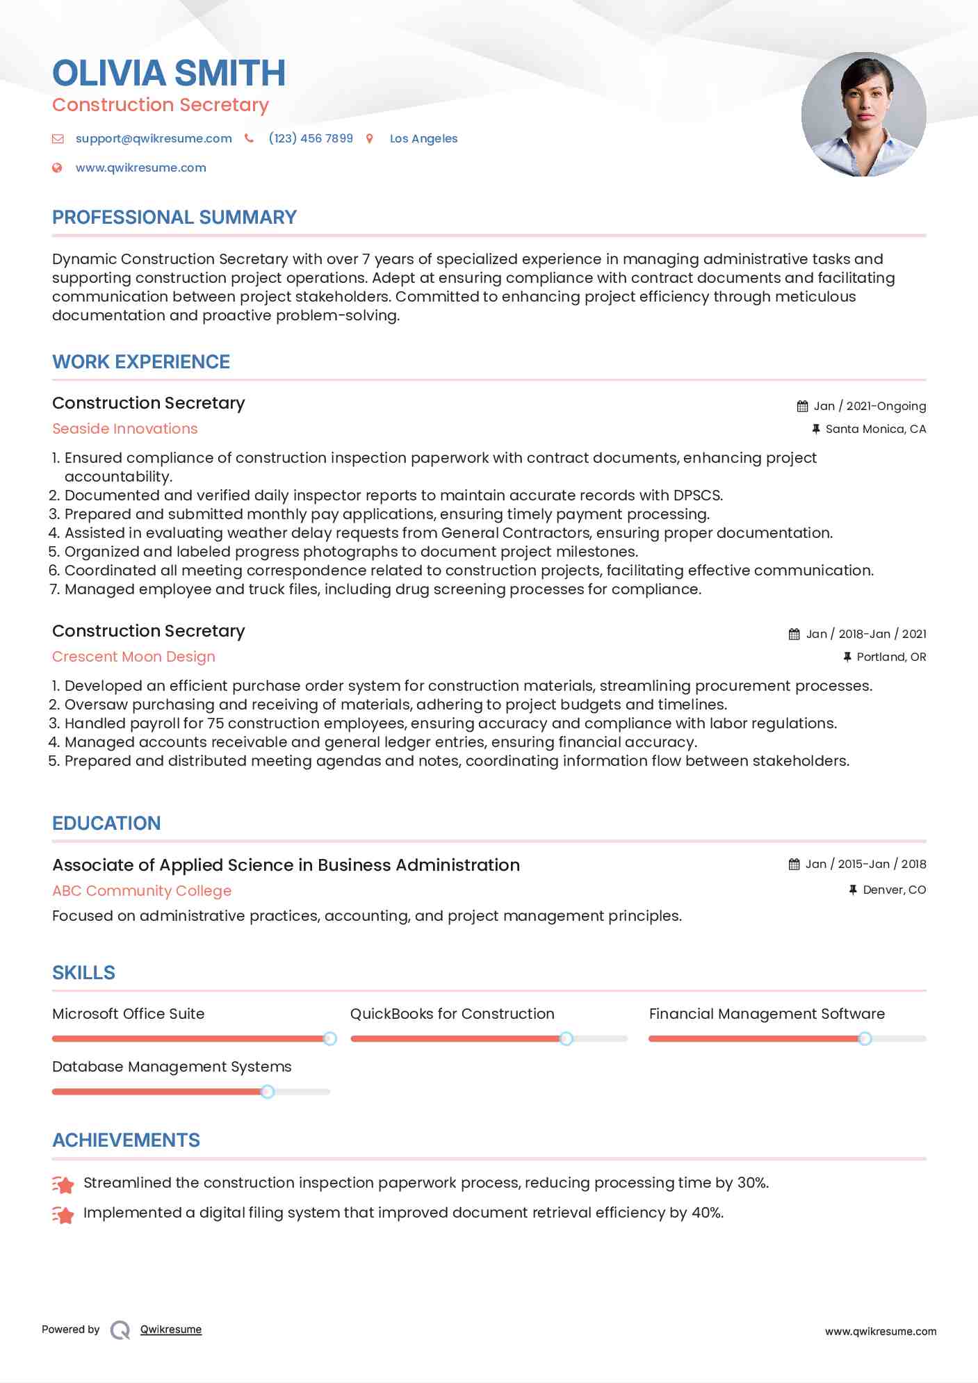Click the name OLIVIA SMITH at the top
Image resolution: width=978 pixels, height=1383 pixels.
[x=169, y=74]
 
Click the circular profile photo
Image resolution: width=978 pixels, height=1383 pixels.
[x=863, y=114]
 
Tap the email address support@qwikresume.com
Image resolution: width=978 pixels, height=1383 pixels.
[x=154, y=138]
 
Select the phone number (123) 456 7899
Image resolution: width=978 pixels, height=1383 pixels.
[x=311, y=138]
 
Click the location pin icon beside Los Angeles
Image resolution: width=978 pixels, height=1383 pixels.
[x=370, y=138]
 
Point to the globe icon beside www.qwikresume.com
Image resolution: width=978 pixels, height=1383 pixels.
[x=58, y=167]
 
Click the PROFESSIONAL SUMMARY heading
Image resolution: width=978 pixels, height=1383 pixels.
[x=174, y=218]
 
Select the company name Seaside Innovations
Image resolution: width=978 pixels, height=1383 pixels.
[x=125, y=429]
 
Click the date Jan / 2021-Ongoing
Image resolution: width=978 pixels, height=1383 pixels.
[x=870, y=406]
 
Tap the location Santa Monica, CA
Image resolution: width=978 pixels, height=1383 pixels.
[x=875, y=429]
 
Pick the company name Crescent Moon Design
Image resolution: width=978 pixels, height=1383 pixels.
[x=133, y=657]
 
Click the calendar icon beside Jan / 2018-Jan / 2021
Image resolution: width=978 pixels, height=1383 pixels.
[x=794, y=634]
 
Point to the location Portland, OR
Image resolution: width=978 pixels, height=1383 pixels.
[x=891, y=657]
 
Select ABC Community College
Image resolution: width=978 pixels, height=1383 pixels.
[x=142, y=891]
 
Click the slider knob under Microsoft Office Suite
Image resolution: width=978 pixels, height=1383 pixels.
[x=330, y=1038]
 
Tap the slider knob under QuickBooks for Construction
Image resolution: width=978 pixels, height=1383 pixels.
[x=567, y=1038]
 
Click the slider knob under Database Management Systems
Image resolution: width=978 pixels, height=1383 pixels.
[x=268, y=1092]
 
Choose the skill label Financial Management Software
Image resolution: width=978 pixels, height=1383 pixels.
[x=767, y=1014]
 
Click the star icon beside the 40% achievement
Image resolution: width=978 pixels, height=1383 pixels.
[x=63, y=1214]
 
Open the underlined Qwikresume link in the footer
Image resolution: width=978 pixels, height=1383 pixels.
[x=171, y=1329]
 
